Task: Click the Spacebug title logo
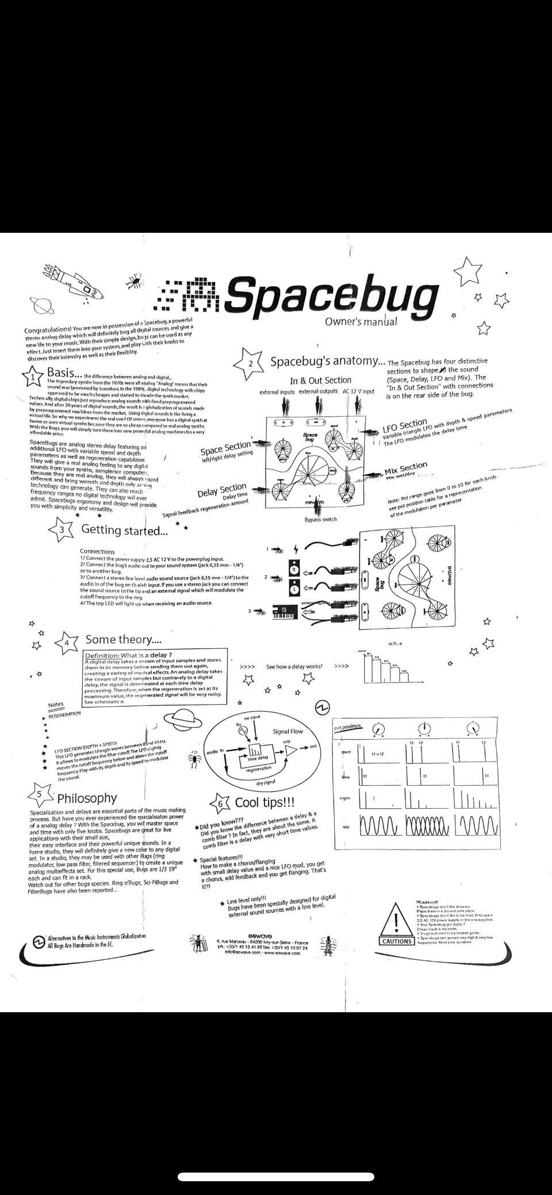(x=331, y=297)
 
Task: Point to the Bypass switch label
(x=320, y=519)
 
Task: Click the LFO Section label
(x=405, y=426)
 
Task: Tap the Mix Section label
(x=406, y=468)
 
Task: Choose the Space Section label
(x=225, y=447)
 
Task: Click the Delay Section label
(x=222, y=491)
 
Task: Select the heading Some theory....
(x=123, y=640)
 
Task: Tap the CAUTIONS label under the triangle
(x=397, y=941)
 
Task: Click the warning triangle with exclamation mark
(x=397, y=920)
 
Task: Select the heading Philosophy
(x=86, y=798)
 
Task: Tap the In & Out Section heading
(x=320, y=380)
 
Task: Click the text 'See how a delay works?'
(x=294, y=667)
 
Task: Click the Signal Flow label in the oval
(x=287, y=732)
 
